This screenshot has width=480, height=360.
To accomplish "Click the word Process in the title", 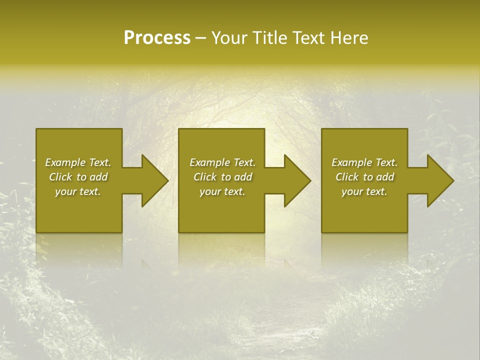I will tap(157, 38).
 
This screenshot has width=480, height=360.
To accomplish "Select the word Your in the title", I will tap(230, 38).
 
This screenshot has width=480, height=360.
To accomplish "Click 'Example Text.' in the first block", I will tap(78, 162).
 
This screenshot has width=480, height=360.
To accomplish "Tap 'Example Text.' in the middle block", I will tap(222, 162).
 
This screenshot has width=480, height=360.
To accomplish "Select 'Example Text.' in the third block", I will tap(364, 162).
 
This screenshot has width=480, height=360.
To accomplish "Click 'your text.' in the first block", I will tap(78, 191).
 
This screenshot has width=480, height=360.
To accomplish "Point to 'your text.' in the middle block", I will tap(222, 191).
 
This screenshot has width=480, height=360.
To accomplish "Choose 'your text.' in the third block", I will tap(364, 191).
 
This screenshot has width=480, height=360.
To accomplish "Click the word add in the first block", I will tap(98, 177).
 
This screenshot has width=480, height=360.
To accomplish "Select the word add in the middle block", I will tap(243, 177).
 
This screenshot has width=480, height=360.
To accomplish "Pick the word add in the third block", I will tap(385, 177).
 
